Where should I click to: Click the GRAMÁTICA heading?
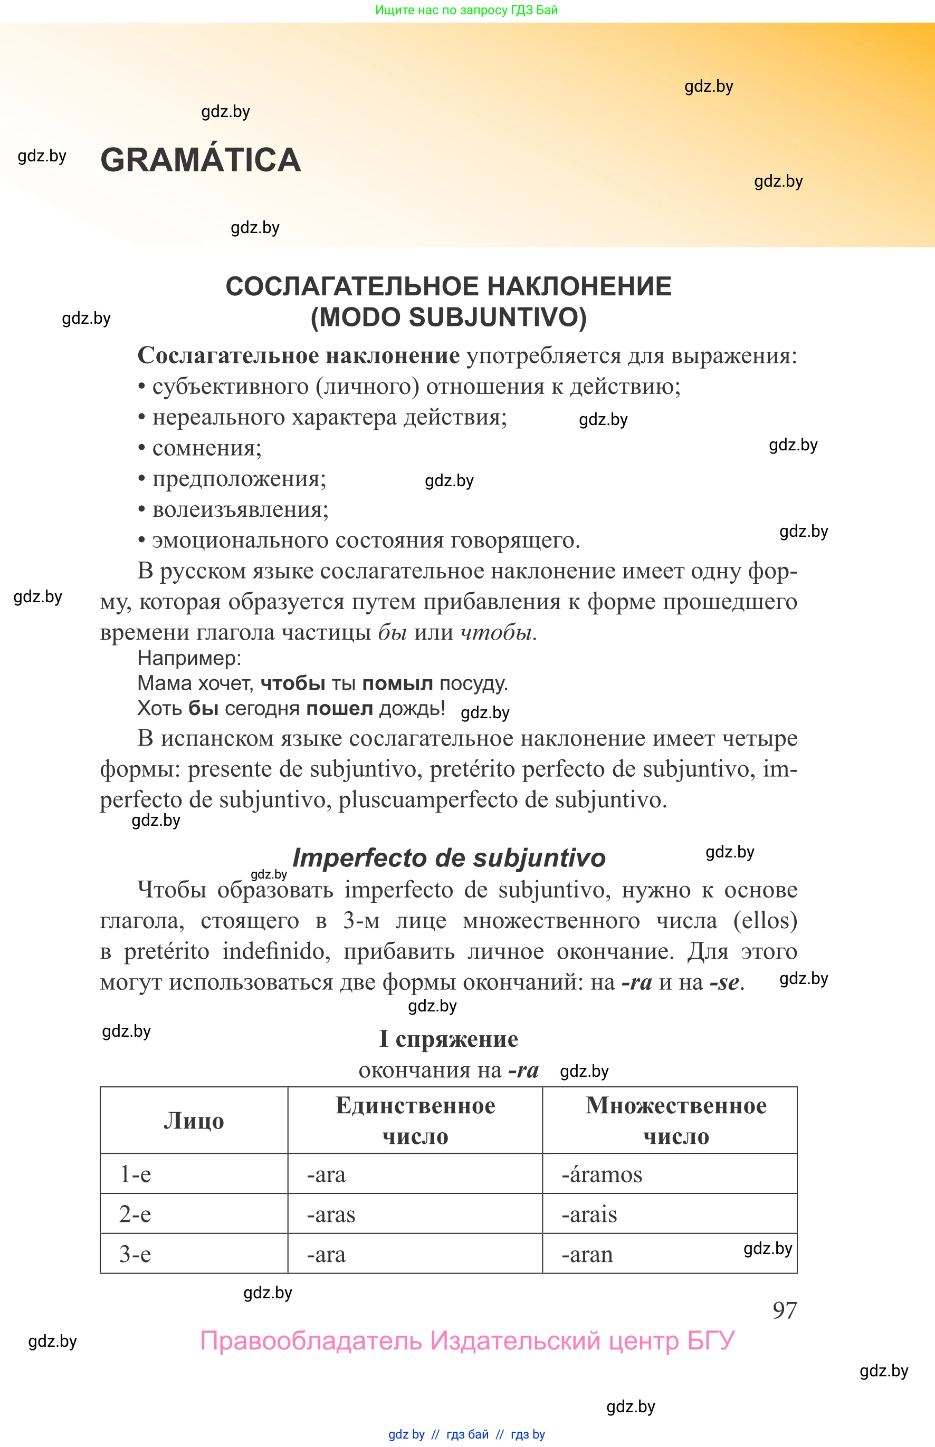(201, 160)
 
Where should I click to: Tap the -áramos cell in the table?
(601, 1174)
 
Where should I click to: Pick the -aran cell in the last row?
(587, 1255)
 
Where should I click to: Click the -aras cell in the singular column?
(331, 1214)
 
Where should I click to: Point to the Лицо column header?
(194, 1121)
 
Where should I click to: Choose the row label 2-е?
(135, 1214)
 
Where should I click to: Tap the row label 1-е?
(135, 1174)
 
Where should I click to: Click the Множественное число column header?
(675, 1121)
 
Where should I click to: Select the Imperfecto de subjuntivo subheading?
(449, 858)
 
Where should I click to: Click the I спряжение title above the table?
(449, 1039)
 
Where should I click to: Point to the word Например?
(189, 658)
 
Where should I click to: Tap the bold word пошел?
(339, 709)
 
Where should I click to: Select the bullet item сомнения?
(206, 448)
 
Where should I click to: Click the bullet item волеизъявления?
(240, 509)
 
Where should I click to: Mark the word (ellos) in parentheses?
(765, 921)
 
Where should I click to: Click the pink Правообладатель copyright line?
(467, 1341)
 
